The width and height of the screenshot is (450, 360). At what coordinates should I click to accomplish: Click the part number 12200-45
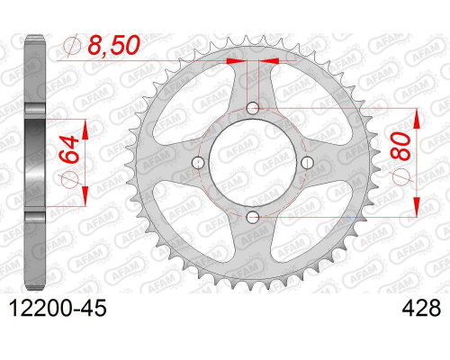(x=58, y=308)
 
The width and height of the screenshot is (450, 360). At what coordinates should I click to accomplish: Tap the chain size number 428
(x=421, y=308)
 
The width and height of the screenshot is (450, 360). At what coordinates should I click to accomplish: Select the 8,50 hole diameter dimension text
(x=113, y=45)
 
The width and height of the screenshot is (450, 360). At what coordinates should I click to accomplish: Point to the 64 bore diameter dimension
(x=68, y=149)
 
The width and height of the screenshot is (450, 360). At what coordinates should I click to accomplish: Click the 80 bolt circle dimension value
(x=400, y=147)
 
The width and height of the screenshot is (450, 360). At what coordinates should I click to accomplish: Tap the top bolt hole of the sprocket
(x=253, y=108)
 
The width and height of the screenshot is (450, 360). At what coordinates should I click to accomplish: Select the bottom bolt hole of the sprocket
(x=253, y=217)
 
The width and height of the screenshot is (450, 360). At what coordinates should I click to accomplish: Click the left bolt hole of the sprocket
(x=198, y=162)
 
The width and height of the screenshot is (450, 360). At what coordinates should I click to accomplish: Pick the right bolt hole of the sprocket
(x=307, y=162)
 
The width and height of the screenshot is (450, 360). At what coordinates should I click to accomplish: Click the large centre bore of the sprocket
(x=253, y=162)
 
